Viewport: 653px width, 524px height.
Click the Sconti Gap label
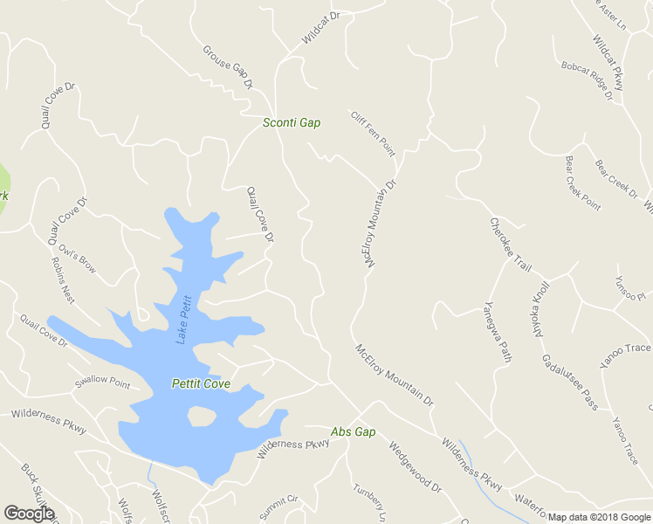pos(292,123)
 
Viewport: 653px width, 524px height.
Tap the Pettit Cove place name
pos(201,383)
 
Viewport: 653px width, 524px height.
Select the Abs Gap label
pos(353,432)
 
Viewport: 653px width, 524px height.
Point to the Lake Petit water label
pos(183,320)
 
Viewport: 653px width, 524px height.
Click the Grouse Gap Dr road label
pos(228,67)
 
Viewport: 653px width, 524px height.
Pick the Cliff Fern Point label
pos(373,134)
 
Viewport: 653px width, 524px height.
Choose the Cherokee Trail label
pos(511,245)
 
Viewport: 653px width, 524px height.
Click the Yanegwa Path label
pos(497,332)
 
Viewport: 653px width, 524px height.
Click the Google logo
pos(29,514)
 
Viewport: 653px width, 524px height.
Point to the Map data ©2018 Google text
pos(599,517)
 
